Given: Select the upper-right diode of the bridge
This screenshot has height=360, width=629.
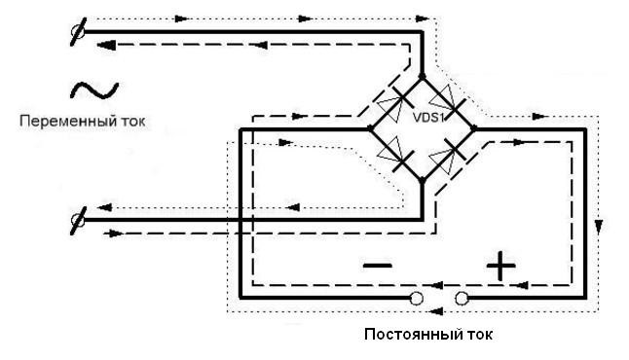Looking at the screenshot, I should tap(447, 100).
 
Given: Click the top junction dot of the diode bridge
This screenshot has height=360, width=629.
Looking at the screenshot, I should tap(422, 76).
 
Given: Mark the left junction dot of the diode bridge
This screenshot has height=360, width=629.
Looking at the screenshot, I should tap(371, 126).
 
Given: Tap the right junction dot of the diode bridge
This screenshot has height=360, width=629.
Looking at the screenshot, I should tap(472, 126).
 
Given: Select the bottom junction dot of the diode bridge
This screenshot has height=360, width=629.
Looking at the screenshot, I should tap(422, 178).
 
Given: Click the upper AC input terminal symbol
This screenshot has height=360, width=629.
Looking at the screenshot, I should tap(78, 32).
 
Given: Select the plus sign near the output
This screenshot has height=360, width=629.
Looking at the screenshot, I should tap(499, 265).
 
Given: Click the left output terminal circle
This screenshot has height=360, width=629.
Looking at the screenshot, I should tap(417, 298).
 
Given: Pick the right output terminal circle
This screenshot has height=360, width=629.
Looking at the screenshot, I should tap(462, 298).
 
